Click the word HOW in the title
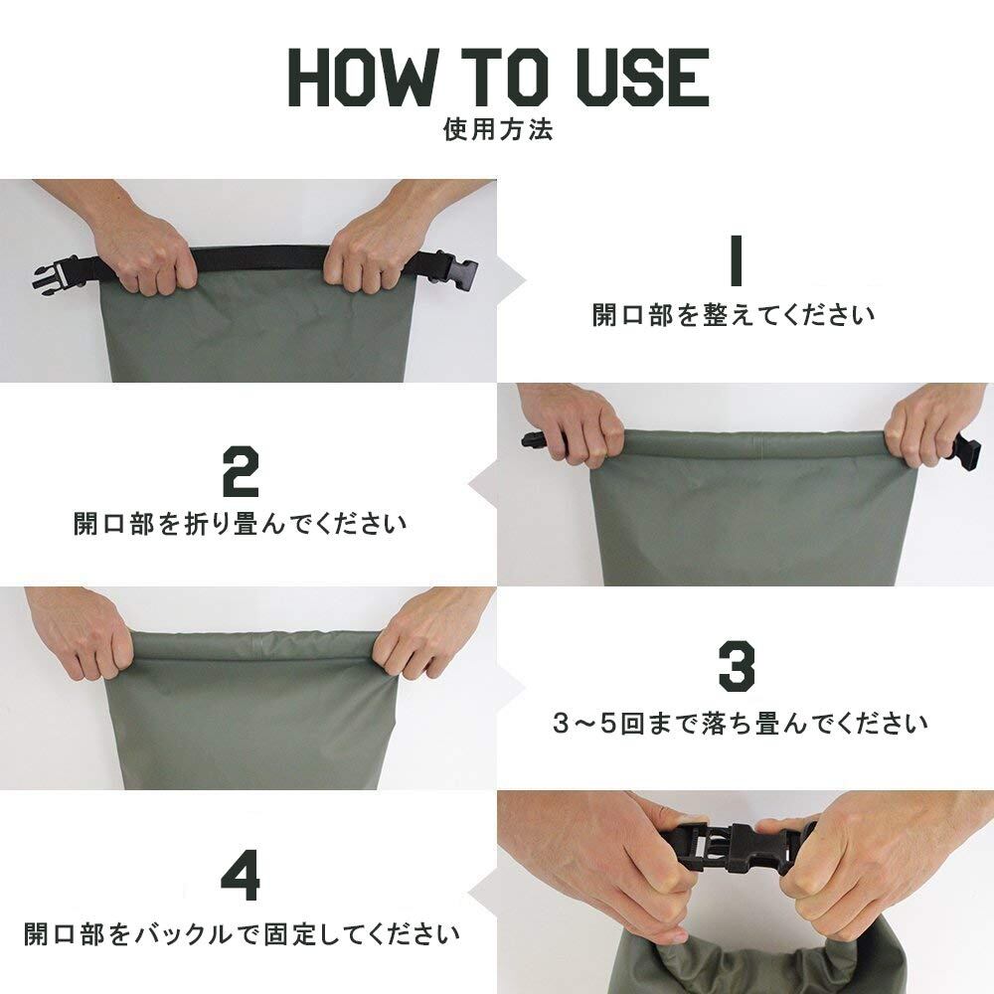click(x=363, y=78)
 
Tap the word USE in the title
click(x=642, y=78)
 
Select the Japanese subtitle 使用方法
click(x=498, y=129)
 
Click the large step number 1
click(x=736, y=260)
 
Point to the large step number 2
click(x=241, y=471)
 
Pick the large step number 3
click(x=737, y=665)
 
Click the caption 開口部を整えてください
click(x=734, y=315)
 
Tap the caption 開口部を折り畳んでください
click(x=241, y=524)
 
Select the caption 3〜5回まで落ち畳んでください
click(x=740, y=723)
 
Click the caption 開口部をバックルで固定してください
click(x=242, y=933)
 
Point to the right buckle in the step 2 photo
click(x=963, y=450)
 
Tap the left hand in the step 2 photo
click(x=574, y=424)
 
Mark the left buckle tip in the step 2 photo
click(x=524, y=439)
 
